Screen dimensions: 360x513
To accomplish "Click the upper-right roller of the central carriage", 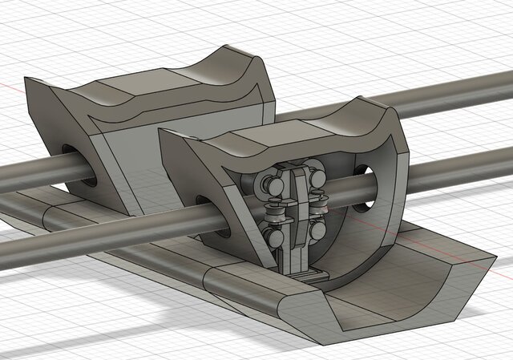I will click(316, 178).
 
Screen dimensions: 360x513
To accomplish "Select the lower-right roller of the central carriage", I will click(317, 229).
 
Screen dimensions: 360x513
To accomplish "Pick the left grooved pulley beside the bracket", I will click(276, 212).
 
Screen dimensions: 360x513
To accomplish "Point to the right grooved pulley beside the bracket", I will click(320, 206).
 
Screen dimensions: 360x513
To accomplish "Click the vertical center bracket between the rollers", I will click(297, 216).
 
